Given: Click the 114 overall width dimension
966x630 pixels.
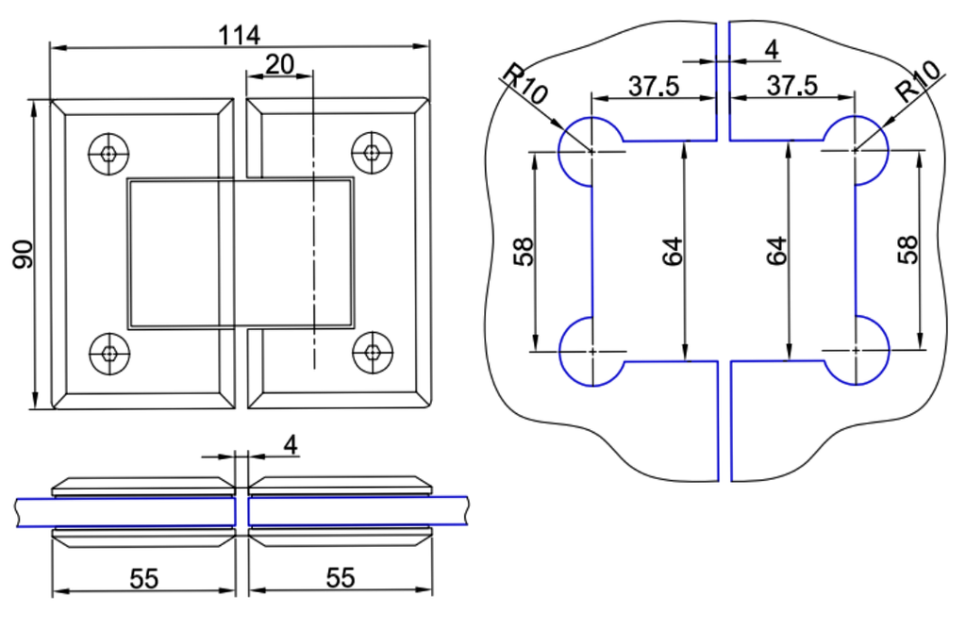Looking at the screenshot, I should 240,35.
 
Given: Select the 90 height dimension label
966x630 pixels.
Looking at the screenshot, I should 24,254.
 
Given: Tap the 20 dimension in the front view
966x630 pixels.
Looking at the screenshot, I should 279,64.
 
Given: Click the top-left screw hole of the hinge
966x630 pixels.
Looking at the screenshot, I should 109,153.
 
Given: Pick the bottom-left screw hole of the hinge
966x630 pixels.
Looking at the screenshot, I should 109,354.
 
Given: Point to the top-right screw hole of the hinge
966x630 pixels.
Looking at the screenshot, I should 373,153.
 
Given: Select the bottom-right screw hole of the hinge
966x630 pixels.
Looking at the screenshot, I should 373,354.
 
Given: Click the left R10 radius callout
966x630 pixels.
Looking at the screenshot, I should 525,85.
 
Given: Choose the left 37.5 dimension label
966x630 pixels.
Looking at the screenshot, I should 654,86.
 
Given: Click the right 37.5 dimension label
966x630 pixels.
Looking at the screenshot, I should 791,86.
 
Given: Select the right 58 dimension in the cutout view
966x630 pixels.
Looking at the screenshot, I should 908,251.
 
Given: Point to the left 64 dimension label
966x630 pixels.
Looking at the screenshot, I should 671,252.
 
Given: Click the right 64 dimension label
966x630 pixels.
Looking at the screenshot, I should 776,252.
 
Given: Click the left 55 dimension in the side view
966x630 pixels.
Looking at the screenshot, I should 143,578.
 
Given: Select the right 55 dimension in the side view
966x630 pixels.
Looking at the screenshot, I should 340,578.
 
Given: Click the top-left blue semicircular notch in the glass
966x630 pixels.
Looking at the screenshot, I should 576,151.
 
